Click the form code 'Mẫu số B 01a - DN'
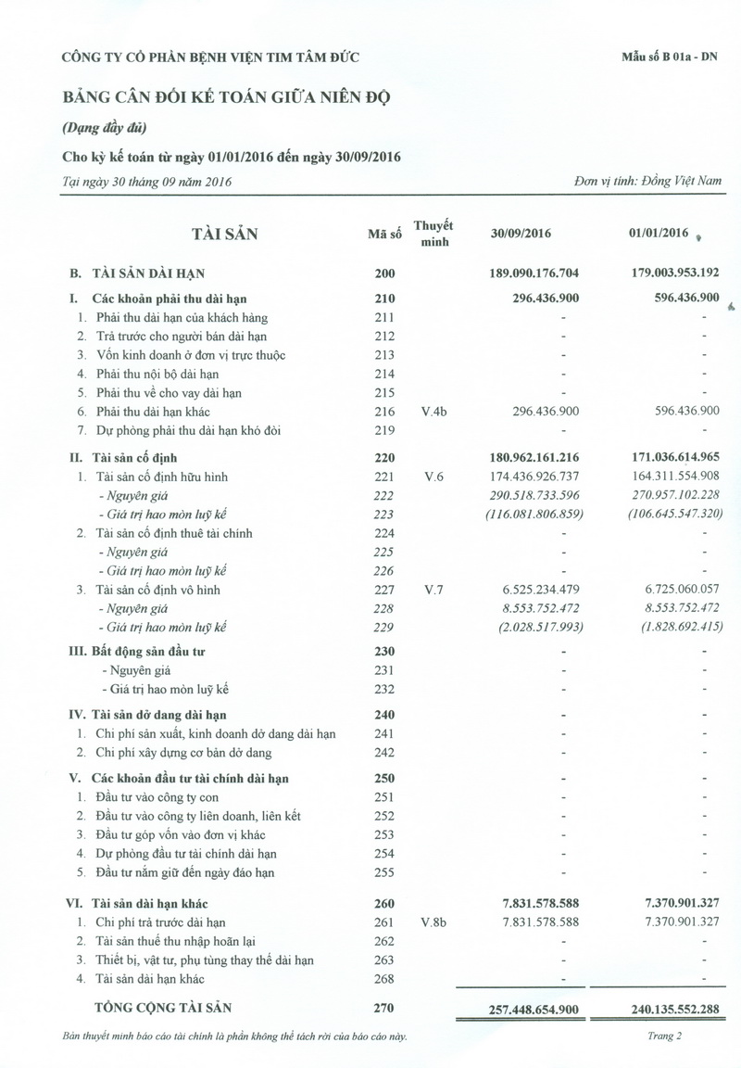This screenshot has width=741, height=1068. coord(671,57)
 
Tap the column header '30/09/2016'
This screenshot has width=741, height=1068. coord(521,234)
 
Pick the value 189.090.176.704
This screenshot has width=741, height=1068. coord(546,273)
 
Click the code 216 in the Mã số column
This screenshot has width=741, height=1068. coord(383,411)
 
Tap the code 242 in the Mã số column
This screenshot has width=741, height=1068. coord(383,752)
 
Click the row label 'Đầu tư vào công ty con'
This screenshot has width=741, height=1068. coord(157,797)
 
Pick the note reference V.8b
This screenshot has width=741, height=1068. coord(433,922)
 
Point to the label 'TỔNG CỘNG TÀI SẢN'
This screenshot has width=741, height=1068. coord(163,1007)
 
